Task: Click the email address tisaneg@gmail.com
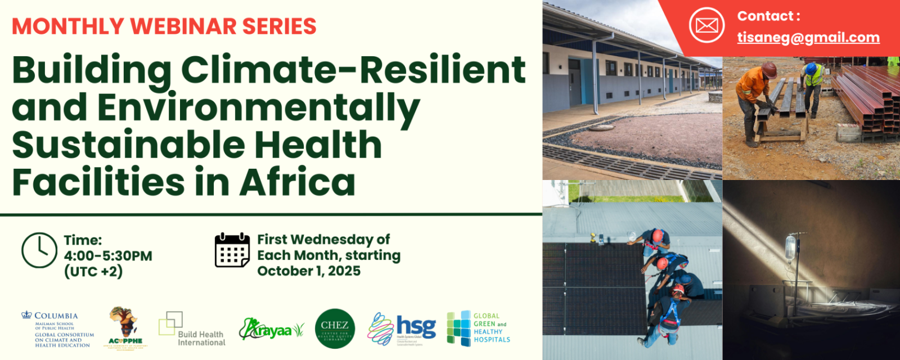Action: coord(808,38)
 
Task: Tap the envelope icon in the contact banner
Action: coord(706,25)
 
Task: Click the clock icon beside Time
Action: coord(39,250)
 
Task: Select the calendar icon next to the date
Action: coord(232,250)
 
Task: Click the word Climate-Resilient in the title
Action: coord(353,70)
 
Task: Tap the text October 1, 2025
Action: coord(309,271)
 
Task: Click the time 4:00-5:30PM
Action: coord(108,256)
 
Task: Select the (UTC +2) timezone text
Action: coord(93,272)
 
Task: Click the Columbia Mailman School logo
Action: coord(57,330)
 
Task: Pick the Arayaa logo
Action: coord(271,330)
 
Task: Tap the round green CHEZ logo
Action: coord(335,328)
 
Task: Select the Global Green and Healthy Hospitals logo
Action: coord(478,328)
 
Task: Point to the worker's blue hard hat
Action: coord(811,68)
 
